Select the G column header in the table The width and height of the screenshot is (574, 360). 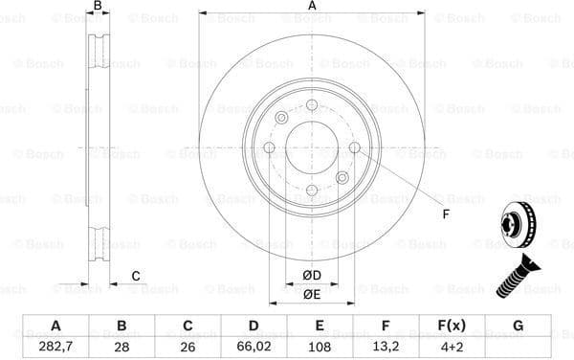(x=519, y=326)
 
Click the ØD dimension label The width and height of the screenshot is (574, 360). (x=312, y=277)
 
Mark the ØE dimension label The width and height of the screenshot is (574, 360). (x=312, y=294)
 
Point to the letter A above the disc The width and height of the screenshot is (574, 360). (x=312, y=7)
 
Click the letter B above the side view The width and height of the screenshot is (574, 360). (x=97, y=7)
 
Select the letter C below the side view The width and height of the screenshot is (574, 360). (x=136, y=276)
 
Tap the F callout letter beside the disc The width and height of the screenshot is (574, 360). (x=445, y=213)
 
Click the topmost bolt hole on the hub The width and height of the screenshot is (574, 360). (x=312, y=104)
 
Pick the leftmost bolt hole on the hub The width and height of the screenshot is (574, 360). (x=269, y=147)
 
